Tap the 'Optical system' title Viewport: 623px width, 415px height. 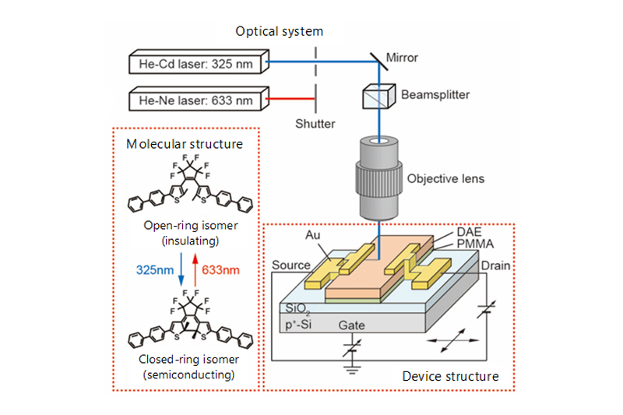coord(280,31)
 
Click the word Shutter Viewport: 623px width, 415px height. coord(315,123)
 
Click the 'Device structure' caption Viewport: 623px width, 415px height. coord(452,377)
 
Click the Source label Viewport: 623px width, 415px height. coord(290,266)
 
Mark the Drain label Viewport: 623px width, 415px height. coord(495,266)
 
